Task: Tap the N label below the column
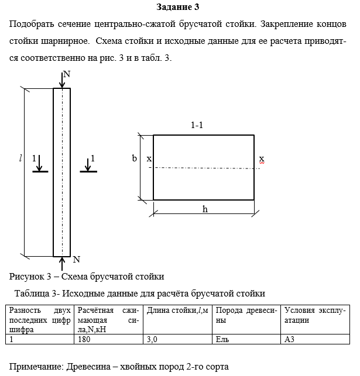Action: pyautogui.click(x=76, y=259)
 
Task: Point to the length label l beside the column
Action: pyautogui.click(x=20, y=158)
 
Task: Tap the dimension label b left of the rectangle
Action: pyautogui.click(x=134, y=158)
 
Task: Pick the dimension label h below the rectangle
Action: pyautogui.click(x=205, y=209)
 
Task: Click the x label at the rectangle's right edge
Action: pyautogui.click(x=262, y=158)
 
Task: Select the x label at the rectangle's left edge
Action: pyautogui.click(x=149, y=158)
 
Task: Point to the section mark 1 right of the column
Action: pyautogui.click(x=92, y=158)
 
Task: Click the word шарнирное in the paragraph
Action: pyautogui.click(x=59, y=42)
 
